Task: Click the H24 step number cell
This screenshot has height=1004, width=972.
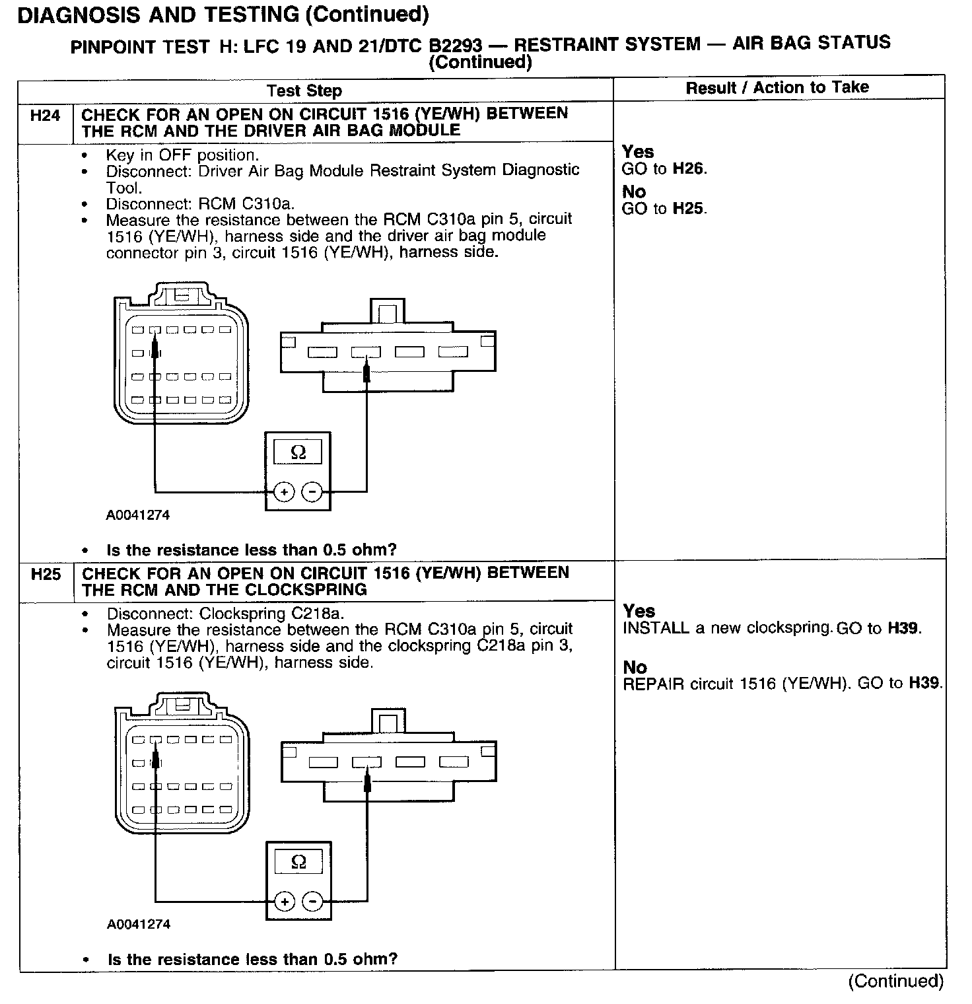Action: [x=45, y=116]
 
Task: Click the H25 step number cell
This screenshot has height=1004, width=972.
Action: [x=46, y=575]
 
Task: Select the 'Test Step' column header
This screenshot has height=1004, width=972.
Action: [x=304, y=90]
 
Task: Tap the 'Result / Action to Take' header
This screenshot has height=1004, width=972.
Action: [x=777, y=87]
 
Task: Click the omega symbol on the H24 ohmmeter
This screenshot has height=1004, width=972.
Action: [x=298, y=452]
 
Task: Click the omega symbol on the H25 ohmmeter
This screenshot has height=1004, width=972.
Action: [x=298, y=862]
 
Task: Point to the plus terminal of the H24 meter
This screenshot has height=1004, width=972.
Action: [x=284, y=492]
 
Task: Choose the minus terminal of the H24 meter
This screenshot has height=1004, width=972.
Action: [x=312, y=492]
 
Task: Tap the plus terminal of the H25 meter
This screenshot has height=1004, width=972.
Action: [x=285, y=902]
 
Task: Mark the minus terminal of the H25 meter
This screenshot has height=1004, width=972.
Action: [x=312, y=902]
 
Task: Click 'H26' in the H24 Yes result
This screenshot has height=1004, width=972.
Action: [x=689, y=169]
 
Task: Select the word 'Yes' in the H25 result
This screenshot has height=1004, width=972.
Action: [x=639, y=611]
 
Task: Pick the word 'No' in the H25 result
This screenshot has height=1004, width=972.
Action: [x=635, y=667]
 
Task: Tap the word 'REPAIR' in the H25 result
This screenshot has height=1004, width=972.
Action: [x=653, y=684]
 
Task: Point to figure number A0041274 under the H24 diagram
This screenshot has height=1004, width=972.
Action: [x=138, y=515]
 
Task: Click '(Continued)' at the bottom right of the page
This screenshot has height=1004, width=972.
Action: [x=896, y=981]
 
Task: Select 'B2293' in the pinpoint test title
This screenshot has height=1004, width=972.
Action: [x=455, y=46]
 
